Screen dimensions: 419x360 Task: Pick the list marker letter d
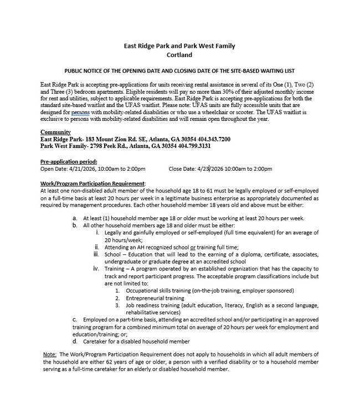(x=75, y=341)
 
